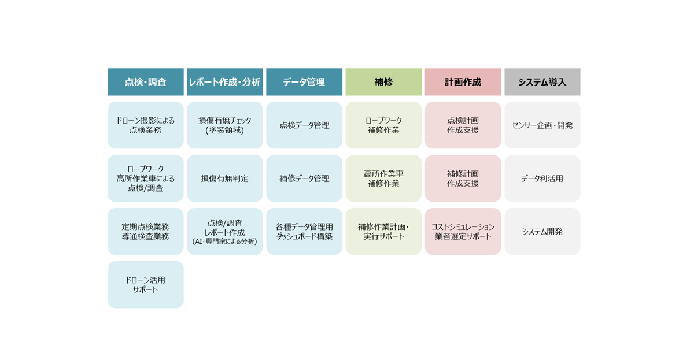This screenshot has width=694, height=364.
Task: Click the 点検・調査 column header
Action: coord(146,82)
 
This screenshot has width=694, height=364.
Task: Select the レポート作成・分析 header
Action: coord(225,82)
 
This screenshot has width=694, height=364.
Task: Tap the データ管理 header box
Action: coord(304,82)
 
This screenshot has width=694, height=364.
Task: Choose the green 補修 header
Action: coord(383,82)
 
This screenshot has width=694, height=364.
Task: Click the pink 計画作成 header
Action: coord(463,82)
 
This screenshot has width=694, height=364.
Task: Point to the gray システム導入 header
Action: coord(542,82)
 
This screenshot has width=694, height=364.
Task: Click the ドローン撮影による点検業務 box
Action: coord(146,125)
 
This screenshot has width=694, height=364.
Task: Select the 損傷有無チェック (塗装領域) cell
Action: coord(225,125)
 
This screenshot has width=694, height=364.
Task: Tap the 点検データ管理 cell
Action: coord(304,125)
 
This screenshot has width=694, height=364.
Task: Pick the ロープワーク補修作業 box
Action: coord(383,125)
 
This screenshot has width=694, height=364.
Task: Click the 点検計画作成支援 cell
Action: coord(463,125)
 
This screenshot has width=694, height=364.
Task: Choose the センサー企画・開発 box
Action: coord(542,125)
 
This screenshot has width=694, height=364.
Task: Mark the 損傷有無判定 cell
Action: coord(225,179)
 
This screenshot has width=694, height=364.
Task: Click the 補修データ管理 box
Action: coord(304,179)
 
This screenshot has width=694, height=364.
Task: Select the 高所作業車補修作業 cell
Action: coord(383,179)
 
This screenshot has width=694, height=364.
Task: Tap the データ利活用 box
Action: coord(542,179)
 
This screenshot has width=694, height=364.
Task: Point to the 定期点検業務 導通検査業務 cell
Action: coord(146,232)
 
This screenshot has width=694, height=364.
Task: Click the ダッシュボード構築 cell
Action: coord(304,232)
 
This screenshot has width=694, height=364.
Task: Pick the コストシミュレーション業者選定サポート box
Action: coord(463,232)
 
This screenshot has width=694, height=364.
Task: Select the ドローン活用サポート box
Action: coord(146,284)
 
